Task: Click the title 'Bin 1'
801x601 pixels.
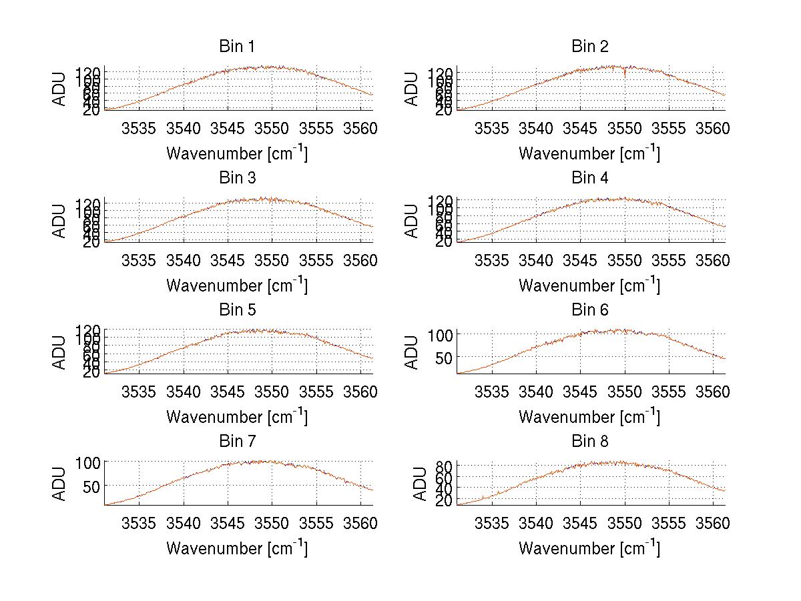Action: tap(237, 47)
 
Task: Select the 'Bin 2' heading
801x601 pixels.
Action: tap(589, 47)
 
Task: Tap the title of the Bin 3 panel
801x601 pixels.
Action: tap(237, 178)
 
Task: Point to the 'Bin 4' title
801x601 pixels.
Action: tap(589, 178)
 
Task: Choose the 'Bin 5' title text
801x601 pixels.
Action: tap(237, 310)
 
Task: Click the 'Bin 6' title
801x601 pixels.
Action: tap(589, 310)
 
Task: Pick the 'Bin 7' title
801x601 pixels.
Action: tap(237, 442)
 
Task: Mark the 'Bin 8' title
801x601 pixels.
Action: tap(589, 442)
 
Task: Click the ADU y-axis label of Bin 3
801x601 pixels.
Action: tap(60, 219)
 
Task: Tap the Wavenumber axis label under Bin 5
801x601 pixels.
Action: tap(237, 417)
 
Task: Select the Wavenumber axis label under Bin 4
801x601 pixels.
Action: tap(589, 285)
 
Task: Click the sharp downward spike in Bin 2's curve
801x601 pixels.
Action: tap(625, 73)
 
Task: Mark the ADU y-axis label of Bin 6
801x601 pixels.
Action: tap(413, 352)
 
